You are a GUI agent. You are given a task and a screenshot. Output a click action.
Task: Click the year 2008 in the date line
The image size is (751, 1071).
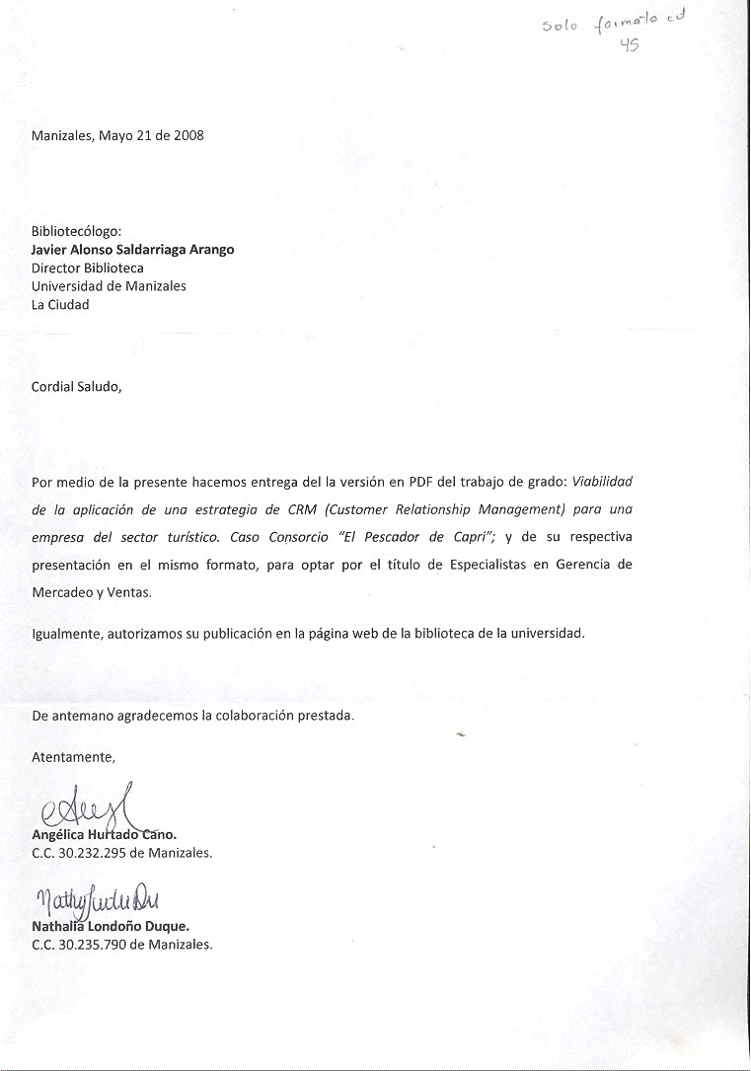pos(188,136)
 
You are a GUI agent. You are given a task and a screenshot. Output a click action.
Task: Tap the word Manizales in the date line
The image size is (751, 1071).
pos(61,136)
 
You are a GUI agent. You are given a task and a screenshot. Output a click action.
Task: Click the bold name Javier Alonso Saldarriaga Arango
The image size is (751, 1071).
pos(133,250)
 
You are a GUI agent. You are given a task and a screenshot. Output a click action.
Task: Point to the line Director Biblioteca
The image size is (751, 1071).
pos(88,268)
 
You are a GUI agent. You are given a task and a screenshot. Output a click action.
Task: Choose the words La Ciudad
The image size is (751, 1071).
pos(60,305)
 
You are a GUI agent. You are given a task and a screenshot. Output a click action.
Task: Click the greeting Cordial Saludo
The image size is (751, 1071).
pos(77,387)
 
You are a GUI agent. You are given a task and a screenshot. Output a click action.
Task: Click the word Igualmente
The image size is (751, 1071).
pos(67,634)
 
